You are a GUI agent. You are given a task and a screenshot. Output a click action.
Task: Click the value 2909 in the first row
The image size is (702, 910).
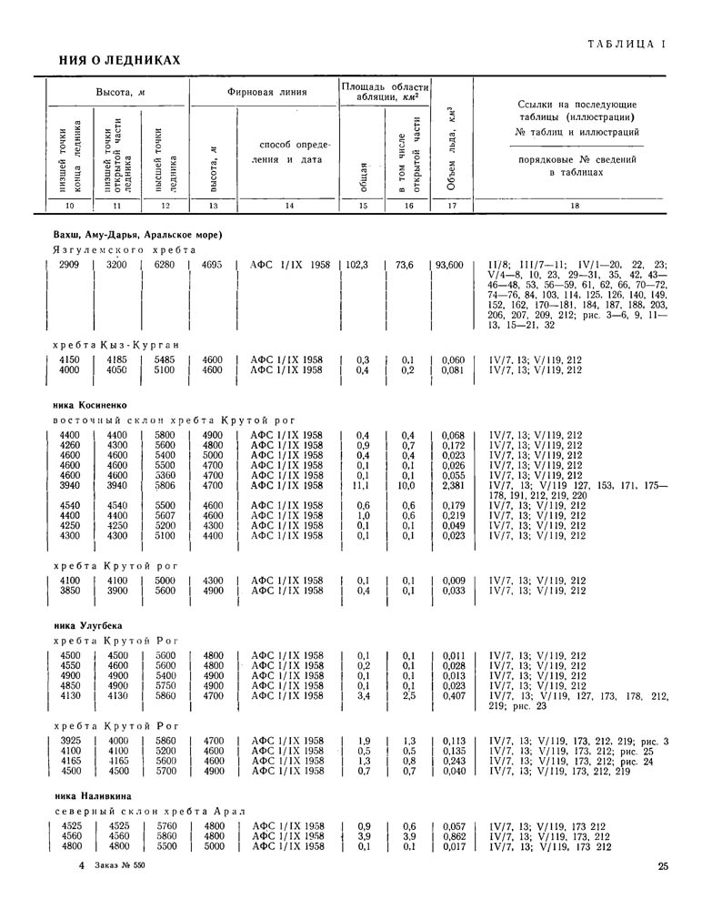(x=69, y=266)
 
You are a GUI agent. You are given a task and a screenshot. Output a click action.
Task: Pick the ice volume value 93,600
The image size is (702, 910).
(x=449, y=266)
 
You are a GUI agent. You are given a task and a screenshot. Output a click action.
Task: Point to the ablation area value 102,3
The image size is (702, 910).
(x=356, y=266)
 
